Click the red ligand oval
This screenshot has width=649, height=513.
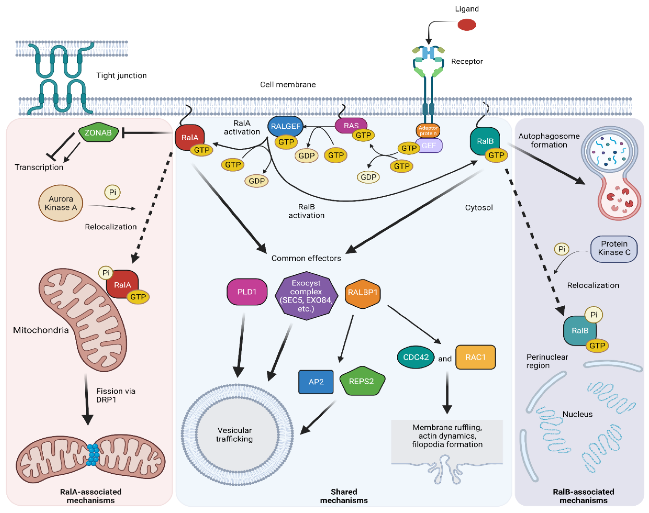466,25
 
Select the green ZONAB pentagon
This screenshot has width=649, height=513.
98,132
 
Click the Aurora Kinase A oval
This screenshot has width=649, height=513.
61,203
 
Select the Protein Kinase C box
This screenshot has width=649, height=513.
614,248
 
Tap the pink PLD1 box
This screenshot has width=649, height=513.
247,292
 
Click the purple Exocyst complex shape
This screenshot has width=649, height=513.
306,296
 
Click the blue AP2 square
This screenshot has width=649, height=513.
316,381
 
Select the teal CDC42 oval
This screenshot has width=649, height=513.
416,357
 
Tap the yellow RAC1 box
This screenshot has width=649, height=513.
475,357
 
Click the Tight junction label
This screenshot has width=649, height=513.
121,75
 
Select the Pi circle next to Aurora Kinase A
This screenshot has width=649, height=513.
112,192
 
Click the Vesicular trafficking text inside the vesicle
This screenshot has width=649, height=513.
234,434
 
